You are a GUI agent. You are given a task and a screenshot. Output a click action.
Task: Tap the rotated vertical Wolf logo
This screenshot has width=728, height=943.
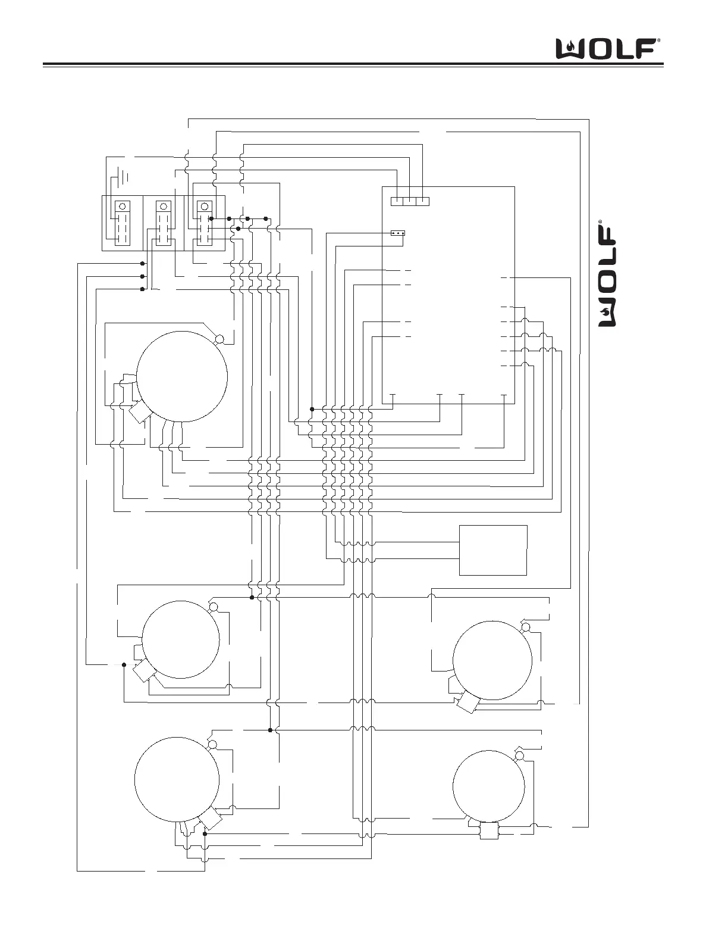pyautogui.click(x=607, y=274)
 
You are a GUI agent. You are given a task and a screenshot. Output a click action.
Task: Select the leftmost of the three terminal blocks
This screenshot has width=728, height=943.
pyautogui.click(x=123, y=223)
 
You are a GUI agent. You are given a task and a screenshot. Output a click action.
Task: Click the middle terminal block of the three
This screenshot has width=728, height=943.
pyautogui.click(x=164, y=223)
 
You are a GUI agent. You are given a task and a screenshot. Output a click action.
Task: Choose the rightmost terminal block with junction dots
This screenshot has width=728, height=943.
pyautogui.click(x=205, y=223)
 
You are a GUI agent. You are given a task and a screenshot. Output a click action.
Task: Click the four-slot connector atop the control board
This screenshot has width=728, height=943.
pyautogui.click(x=410, y=201)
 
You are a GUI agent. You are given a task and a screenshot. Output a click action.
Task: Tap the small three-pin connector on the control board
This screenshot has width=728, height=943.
pyautogui.click(x=398, y=233)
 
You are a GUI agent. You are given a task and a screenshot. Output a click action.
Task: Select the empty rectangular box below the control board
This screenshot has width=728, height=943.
pyautogui.click(x=493, y=550)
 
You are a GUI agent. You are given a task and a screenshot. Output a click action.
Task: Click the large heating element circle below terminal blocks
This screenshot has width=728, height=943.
pyautogui.click(x=182, y=377)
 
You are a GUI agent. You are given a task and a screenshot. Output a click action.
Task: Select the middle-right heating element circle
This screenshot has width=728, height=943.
pyautogui.click(x=492, y=660)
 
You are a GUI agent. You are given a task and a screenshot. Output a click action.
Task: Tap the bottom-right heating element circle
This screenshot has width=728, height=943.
pyautogui.click(x=489, y=786)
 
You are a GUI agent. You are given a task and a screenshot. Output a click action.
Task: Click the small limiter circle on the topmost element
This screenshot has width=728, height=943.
pyautogui.click(x=219, y=339)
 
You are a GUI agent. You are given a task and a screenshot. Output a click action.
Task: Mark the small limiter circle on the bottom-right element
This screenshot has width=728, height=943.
pyautogui.click(x=519, y=755)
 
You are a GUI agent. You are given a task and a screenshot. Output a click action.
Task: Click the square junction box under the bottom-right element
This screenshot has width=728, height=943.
pyautogui.click(x=489, y=831)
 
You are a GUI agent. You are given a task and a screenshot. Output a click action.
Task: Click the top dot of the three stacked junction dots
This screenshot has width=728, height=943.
pyautogui.click(x=142, y=263)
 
